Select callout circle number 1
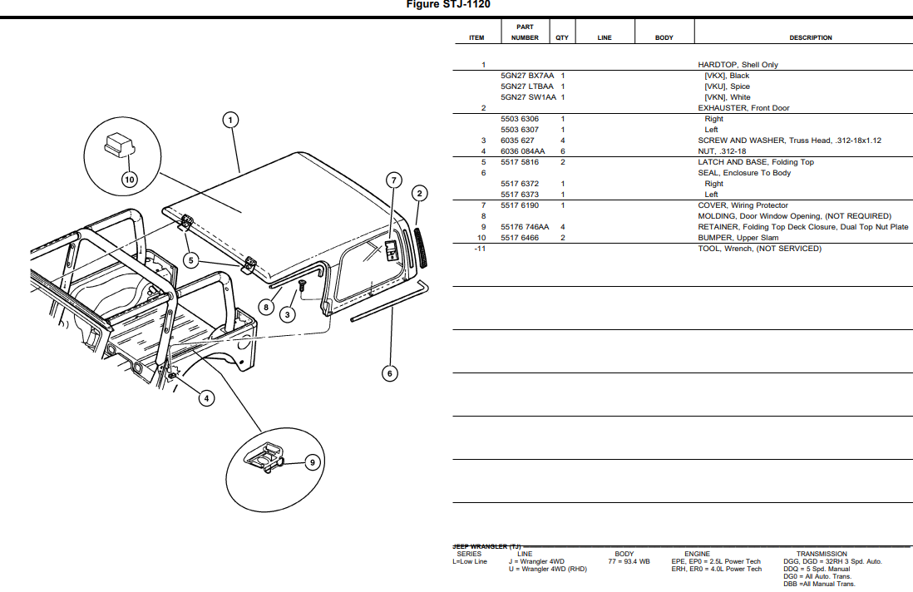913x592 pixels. pos(230,120)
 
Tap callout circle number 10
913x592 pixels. pos(129,178)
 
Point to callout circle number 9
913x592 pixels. pos(313,462)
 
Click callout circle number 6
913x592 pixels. pos(390,373)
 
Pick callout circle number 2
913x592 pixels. pos(420,194)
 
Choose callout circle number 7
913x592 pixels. pos(394,180)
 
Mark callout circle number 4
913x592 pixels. pos(206,398)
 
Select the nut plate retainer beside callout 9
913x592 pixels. pos(264,459)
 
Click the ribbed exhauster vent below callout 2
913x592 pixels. pos(422,245)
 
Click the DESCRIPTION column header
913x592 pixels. pos(810,37)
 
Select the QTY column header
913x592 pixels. pos(562,37)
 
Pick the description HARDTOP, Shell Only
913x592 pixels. pos(738,65)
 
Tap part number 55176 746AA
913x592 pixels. pos(525,227)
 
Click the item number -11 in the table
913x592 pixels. pos(479,249)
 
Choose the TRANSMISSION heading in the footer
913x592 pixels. pos(821,554)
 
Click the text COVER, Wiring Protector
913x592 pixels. pos(743,205)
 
